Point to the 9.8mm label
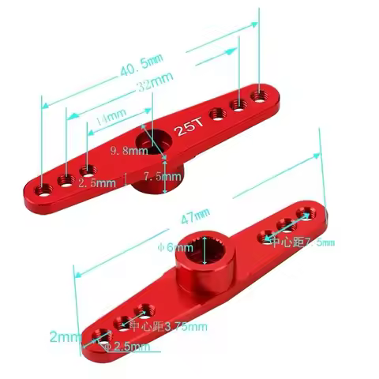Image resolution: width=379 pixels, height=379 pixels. click(x=125, y=150)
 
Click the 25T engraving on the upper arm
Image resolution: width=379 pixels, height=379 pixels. click(x=188, y=129)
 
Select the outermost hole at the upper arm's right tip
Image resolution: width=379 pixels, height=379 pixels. click(x=258, y=93)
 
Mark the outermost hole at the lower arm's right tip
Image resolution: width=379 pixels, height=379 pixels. click(x=305, y=213)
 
